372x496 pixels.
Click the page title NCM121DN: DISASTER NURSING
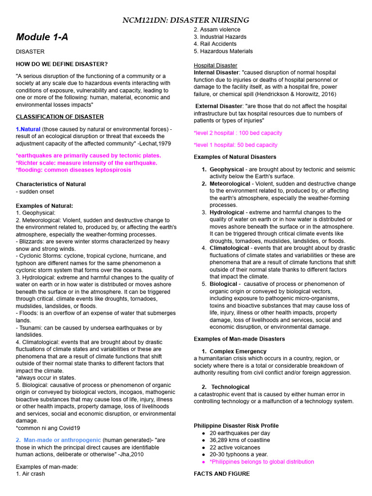(x=186, y=20)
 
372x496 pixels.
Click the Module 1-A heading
(x=42, y=37)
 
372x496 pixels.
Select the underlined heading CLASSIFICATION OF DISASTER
(x=60, y=117)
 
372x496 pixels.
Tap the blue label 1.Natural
(x=28, y=129)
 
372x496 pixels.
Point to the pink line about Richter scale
(x=87, y=163)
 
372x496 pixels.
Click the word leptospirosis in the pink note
(x=110, y=170)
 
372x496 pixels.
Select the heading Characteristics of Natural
(x=51, y=184)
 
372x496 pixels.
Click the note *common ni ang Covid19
(x=48, y=428)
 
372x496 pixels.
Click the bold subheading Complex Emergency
(x=238, y=351)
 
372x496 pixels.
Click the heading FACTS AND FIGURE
(x=222, y=474)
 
